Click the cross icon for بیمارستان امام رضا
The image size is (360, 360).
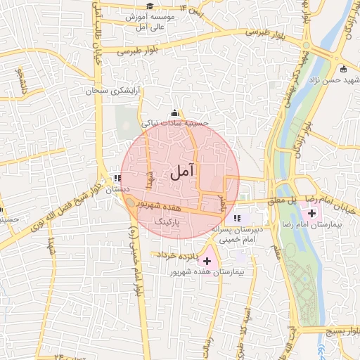311,212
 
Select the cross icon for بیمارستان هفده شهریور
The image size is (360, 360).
206,261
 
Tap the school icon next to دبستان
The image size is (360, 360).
117,178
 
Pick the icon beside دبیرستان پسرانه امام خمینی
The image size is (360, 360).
237,218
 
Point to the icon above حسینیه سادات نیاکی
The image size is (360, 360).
174,113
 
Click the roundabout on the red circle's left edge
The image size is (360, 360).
130,202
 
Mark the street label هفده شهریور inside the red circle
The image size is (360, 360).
167,207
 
